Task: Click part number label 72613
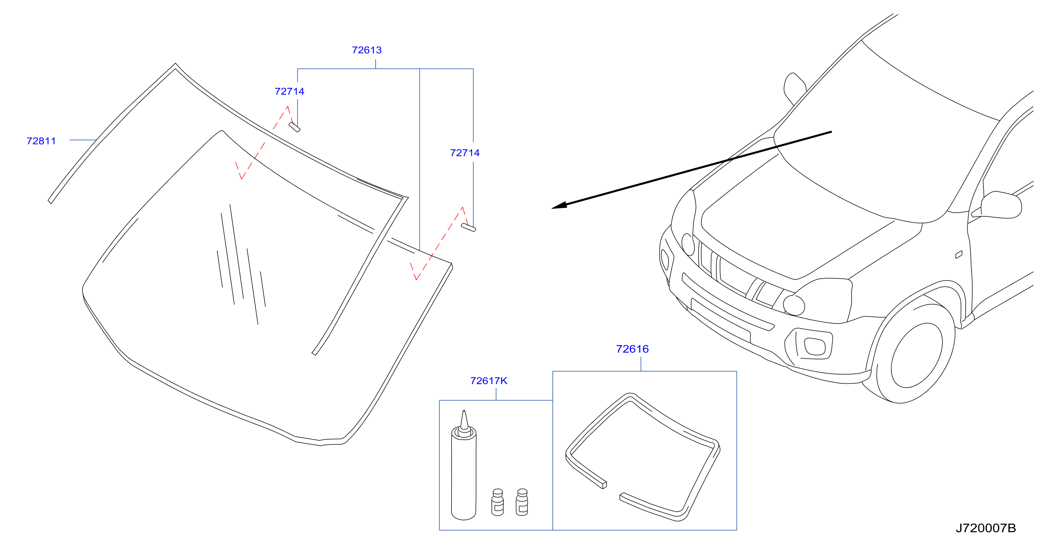click(366, 50)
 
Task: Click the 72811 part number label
click(41, 141)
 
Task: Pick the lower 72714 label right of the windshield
click(464, 153)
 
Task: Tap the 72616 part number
click(632, 349)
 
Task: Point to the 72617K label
click(488, 381)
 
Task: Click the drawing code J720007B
click(986, 528)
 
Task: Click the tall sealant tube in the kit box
click(464, 469)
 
